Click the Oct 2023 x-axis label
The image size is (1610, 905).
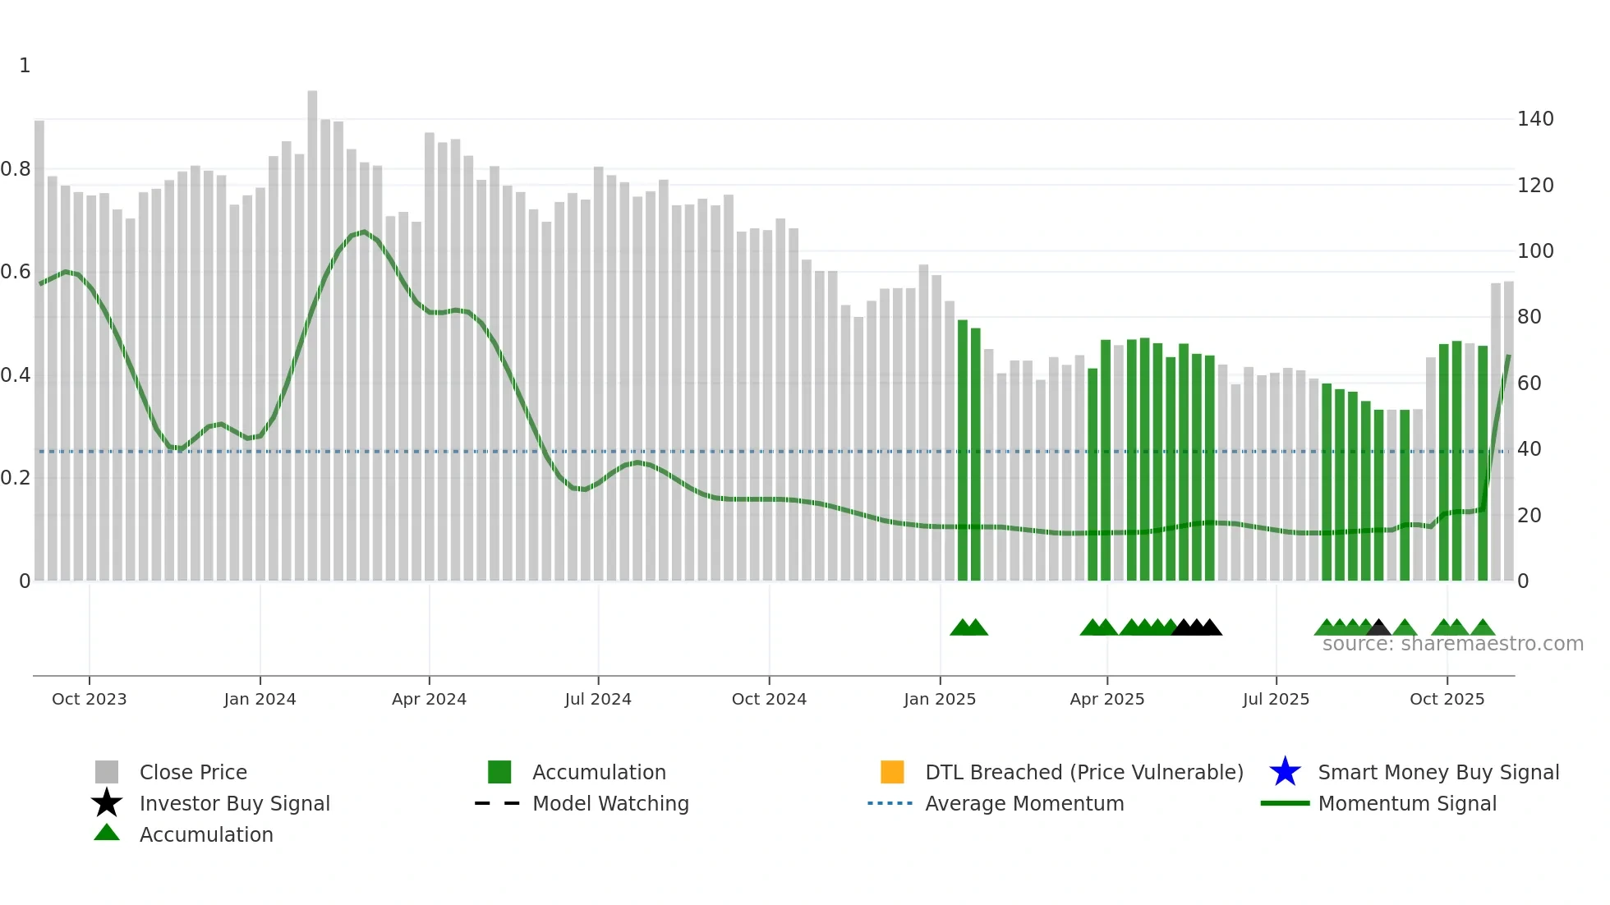[x=89, y=699]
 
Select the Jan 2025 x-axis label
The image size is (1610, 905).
[x=940, y=699]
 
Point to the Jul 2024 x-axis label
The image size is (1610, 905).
[x=598, y=699]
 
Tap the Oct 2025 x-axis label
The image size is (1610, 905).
[x=1447, y=699]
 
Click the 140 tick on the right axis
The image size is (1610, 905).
[x=1534, y=119]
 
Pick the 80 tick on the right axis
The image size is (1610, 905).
[x=1529, y=317]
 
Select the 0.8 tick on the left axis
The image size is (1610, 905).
[x=16, y=169]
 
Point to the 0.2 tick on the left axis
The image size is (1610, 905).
[x=16, y=478]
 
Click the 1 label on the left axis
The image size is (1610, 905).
[x=25, y=66]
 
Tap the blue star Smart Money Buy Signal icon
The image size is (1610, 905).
[x=1285, y=772]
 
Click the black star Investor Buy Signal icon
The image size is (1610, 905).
[x=107, y=803]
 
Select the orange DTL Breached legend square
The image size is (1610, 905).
[x=892, y=772]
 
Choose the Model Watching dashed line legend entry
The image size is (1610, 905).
[x=498, y=803]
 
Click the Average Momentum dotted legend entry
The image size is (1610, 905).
[x=890, y=803]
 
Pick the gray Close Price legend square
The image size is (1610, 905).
[x=107, y=772]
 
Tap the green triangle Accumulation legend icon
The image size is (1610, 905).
[x=107, y=833]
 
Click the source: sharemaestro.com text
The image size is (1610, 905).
[x=1452, y=644]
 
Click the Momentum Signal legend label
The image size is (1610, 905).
[x=1406, y=803]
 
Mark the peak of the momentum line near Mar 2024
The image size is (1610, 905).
[x=364, y=232]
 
